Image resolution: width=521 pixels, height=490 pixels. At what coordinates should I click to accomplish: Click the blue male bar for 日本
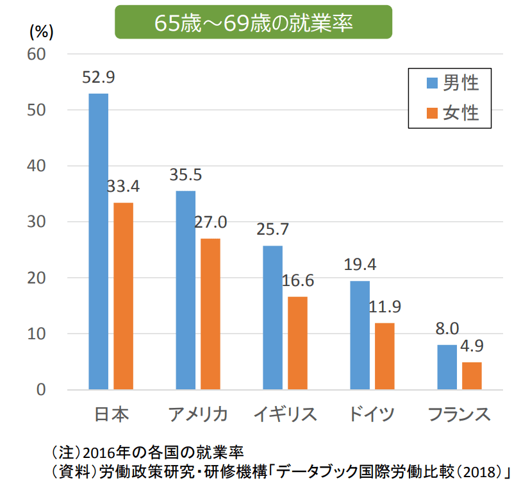coord(98,241)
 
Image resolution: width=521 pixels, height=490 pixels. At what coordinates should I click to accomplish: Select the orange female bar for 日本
coord(123,296)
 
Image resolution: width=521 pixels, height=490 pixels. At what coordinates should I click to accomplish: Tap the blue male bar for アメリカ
coord(185,290)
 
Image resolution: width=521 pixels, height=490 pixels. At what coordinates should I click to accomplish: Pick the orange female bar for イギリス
coord(297,342)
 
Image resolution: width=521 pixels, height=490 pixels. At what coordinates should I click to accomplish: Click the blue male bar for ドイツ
coord(360,335)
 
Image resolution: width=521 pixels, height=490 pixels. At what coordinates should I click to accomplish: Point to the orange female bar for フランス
coord(472,376)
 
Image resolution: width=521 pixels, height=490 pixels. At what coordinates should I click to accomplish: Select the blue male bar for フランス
coord(447,367)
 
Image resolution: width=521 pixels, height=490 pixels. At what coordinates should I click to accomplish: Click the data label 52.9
coord(98,78)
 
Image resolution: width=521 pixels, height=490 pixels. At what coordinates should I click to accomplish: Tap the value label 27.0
coord(211,223)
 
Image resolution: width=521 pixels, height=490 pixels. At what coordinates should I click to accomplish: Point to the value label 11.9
coord(385,307)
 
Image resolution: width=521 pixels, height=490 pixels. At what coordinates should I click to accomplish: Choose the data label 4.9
coord(472,346)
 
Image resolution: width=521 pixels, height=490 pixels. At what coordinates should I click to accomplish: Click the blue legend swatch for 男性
coord(432,83)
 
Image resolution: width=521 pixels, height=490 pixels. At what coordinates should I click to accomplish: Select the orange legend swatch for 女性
coord(432,113)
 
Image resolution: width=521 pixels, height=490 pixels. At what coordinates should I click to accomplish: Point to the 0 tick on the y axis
coord(41,390)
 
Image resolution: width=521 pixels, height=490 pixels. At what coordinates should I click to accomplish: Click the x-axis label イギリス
coord(285,414)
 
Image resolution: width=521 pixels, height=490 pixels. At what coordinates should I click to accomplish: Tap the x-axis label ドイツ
coord(372,414)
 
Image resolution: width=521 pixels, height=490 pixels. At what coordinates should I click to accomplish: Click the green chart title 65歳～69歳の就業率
coord(253,22)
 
